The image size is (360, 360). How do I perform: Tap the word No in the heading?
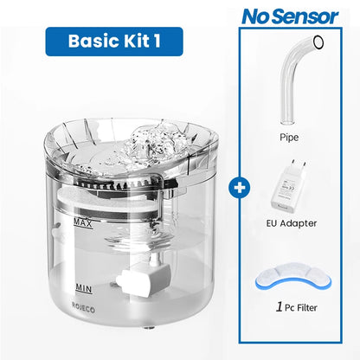click(x=259, y=16)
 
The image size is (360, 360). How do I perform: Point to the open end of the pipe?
click(x=318, y=42)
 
